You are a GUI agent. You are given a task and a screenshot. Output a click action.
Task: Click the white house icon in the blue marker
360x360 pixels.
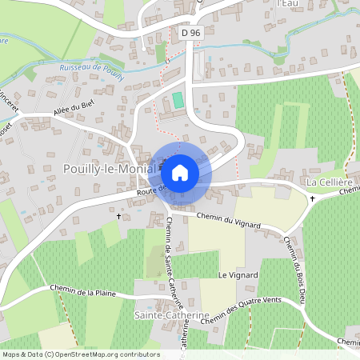[180, 172]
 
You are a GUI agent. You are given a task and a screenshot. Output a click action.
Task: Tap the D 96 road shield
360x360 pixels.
[189, 33]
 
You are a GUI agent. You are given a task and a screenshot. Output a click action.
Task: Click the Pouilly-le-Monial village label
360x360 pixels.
[111, 170]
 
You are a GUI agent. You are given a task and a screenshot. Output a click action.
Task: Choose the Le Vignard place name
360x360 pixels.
[238, 275]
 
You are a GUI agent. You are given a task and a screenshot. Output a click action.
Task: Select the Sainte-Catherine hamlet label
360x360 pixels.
[171, 316]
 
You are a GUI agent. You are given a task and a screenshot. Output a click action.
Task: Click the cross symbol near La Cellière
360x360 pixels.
[313, 198]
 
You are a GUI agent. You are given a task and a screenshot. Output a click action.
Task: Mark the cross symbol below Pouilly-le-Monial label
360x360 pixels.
[119, 217]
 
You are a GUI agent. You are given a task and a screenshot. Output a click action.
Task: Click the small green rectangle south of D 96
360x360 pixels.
[177, 102]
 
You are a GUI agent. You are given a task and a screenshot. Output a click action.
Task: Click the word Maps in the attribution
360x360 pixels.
[12, 354]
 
